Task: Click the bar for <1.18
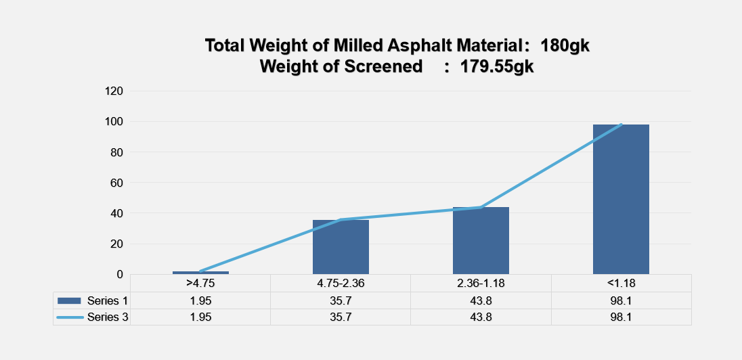(x=621, y=199)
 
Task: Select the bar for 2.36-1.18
(x=481, y=240)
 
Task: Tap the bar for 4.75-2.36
(x=341, y=246)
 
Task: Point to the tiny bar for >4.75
(x=200, y=273)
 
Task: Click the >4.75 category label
(x=200, y=284)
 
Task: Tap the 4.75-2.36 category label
(x=341, y=284)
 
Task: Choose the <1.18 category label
(x=621, y=284)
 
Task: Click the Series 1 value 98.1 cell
(x=621, y=300)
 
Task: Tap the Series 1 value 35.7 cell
(x=341, y=300)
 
